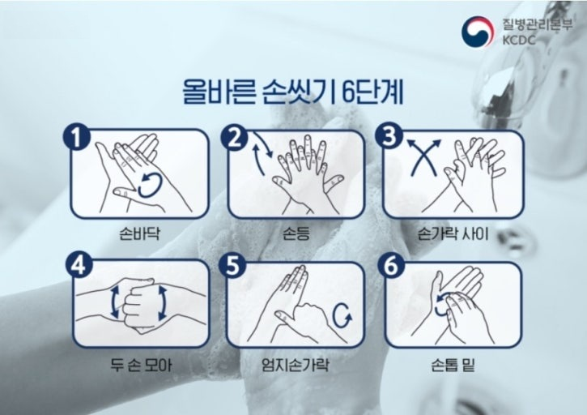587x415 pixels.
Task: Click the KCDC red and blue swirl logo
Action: click(476, 32)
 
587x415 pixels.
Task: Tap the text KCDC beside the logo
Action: click(519, 40)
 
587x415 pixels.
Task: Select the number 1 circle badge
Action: click(77, 138)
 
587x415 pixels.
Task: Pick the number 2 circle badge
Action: click(234, 137)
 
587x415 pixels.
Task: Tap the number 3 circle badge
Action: click(389, 135)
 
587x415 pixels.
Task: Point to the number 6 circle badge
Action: click(391, 266)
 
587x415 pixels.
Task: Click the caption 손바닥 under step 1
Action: click(139, 233)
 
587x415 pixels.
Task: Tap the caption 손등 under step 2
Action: click(296, 233)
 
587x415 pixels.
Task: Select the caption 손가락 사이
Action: click(453, 233)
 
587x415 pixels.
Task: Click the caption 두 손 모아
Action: click(142, 365)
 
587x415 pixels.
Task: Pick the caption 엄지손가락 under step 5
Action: click(296, 365)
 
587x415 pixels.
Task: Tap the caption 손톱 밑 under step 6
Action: click(453, 365)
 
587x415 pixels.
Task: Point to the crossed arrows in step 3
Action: click(424, 157)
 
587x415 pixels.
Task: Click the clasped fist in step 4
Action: click(139, 305)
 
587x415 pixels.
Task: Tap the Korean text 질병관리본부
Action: click(538, 25)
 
